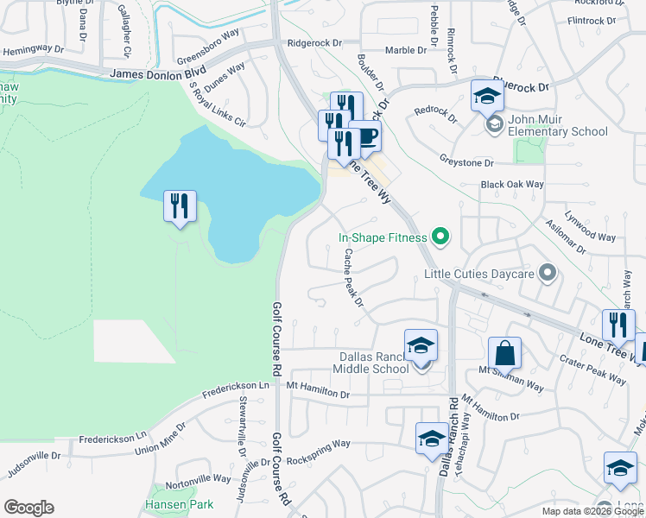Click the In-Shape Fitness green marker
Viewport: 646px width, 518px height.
[x=440, y=236]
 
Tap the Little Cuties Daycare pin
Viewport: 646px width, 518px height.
[x=546, y=275]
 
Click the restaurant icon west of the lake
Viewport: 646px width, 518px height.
[x=180, y=206]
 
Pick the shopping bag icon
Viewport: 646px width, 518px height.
[x=504, y=353]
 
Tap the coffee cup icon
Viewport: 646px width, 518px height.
[x=365, y=136]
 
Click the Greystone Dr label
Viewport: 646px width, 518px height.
[x=465, y=161]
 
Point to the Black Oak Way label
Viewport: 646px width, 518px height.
[x=512, y=184]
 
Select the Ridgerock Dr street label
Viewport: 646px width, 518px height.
[x=315, y=41]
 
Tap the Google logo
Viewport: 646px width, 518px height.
[x=28, y=507]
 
